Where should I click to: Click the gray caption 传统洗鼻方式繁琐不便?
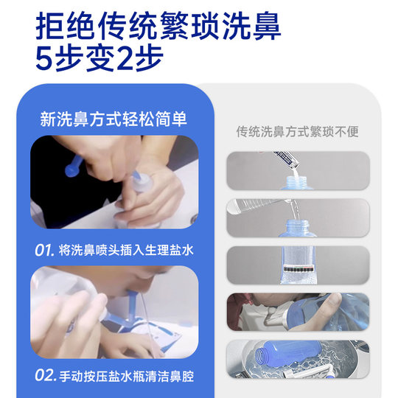(297, 132)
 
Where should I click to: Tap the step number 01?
(45, 250)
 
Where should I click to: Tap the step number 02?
(45, 376)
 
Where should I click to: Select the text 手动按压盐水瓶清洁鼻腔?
(127, 376)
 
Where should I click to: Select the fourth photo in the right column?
(297, 311)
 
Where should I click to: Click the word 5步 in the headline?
(62, 57)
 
